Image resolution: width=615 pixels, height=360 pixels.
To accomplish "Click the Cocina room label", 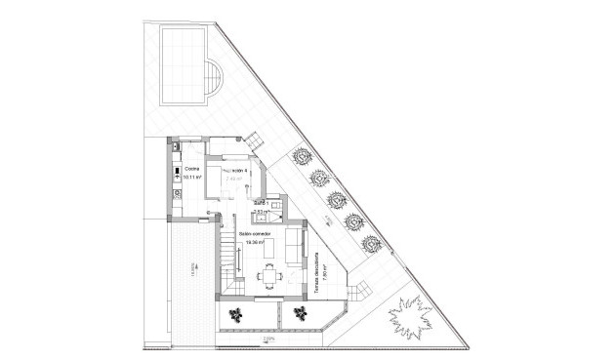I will click(191, 170).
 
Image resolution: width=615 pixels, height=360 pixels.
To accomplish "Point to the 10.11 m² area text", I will click(192, 178).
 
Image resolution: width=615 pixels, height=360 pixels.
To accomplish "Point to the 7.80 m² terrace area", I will click(326, 276).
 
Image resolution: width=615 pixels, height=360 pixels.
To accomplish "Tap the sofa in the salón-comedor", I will click(293, 250).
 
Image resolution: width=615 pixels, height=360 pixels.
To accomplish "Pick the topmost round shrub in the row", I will click(302, 154).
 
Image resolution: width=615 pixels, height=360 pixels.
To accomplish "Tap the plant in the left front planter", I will click(236, 313).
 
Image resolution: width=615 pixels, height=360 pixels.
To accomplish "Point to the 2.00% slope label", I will click(267, 340).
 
